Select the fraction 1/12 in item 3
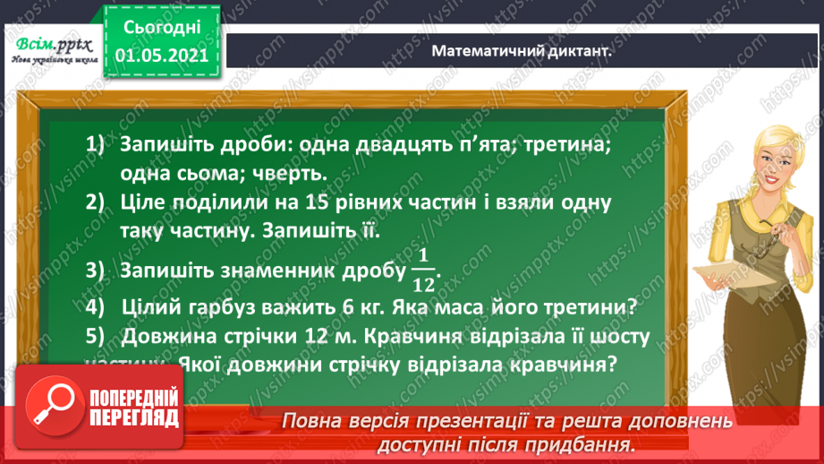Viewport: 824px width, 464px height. pos(423,271)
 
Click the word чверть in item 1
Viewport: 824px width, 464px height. pos(288,173)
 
